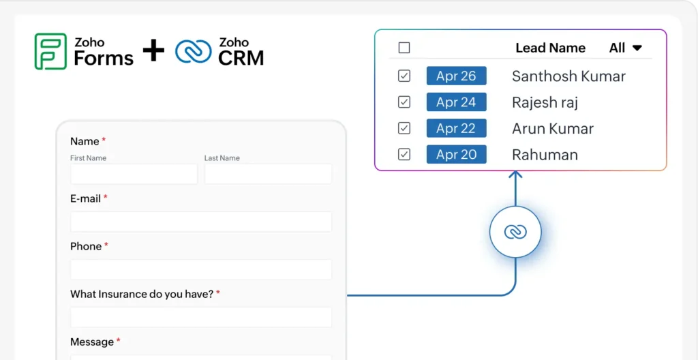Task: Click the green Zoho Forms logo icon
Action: pyautogui.click(x=50, y=51)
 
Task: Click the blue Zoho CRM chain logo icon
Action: pyautogui.click(x=193, y=51)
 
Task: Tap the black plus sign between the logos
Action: pyautogui.click(x=153, y=50)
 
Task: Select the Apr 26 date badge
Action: pyautogui.click(x=456, y=76)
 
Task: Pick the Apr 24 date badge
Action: pyautogui.click(x=456, y=102)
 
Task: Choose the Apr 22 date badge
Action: pyautogui.click(x=456, y=128)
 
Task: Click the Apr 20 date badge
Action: pyautogui.click(x=456, y=155)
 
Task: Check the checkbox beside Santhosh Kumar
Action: pyautogui.click(x=404, y=76)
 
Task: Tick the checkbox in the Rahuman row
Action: pyautogui.click(x=404, y=155)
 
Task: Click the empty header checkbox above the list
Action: pyautogui.click(x=404, y=48)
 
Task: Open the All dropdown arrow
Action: pyautogui.click(x=637, y=48)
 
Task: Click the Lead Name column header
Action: pyautogui.click(x=550, y=48)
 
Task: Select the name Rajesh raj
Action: pyautogui.click(x=545, y=102)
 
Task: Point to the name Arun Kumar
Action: pyautogui.click(x=553, y=129)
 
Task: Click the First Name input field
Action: pyautogui.click(x=134, y=174)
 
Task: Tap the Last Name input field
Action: pyautogui.click(x=268, y=174)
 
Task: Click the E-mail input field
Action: pyautogui.click(x=201, y=222)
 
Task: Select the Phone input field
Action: pyautogui.click(x=201, y=269)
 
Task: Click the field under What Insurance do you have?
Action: pyautogui.click(x=201, y=317)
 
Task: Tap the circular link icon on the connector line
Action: pyautogui.click(x=515, y=232)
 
